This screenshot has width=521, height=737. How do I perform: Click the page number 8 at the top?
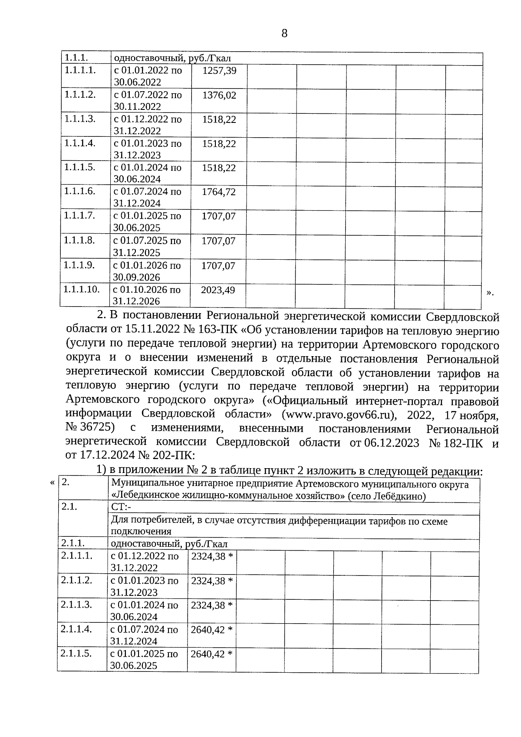click(284, 33)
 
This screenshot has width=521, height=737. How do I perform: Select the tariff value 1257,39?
click(219, 70)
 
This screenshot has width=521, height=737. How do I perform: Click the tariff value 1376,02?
click(219, 95)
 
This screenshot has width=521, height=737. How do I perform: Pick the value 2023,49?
click(218, 290)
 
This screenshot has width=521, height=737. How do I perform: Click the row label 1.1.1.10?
click(82, 289)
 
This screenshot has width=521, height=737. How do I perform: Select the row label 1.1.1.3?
click(79, 119)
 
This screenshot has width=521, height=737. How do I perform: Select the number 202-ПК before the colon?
click(171, 456)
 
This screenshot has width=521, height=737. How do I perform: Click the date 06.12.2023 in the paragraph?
click(392, 443)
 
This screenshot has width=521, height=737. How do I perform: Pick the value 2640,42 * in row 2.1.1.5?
click(211, 654)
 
